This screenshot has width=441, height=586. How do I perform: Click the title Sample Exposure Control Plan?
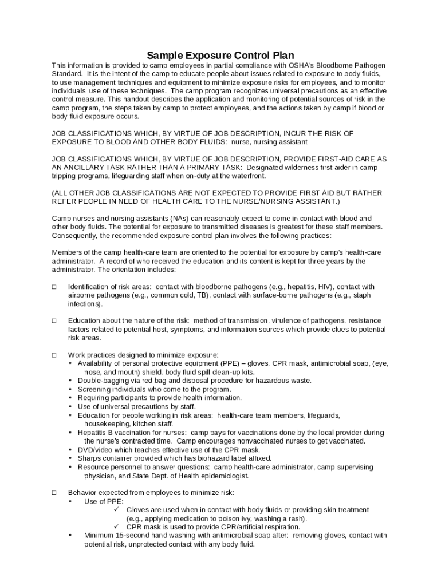point(220,56)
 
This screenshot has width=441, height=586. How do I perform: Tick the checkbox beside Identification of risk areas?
point(54,287)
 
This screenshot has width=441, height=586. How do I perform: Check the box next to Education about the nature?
point(54,320)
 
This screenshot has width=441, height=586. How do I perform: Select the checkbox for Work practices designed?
point(54,355)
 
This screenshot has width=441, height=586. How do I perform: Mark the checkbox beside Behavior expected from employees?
point(54,492)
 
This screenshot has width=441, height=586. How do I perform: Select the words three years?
point(315,261)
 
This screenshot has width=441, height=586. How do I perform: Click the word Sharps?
point(89,458)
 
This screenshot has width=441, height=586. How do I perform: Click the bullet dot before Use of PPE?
point(70,501)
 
